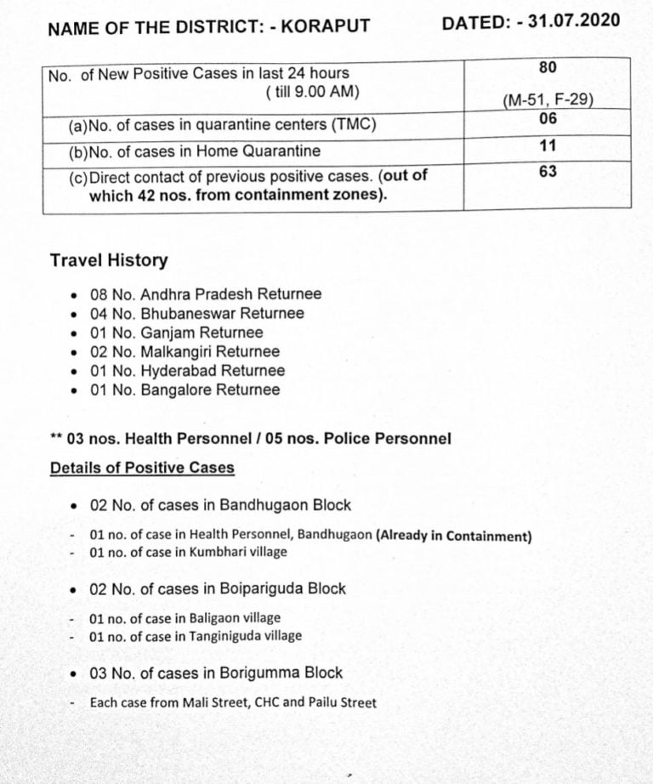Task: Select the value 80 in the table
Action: [x=548, y=66]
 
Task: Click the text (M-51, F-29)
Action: [x=548, y=100]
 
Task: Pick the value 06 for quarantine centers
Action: [x=548, y=119]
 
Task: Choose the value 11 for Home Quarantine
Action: [x=548, y=146]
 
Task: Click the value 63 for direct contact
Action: [x=548, y=172]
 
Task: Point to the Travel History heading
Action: [x=109, y=260]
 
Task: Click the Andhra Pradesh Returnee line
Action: [x=206, y=294]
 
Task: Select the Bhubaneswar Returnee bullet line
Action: [x=196, y=313]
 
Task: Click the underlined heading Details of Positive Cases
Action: [x=142, y=468]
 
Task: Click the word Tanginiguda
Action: [x=227, y=635]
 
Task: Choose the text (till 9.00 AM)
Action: [x=312, y=92]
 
